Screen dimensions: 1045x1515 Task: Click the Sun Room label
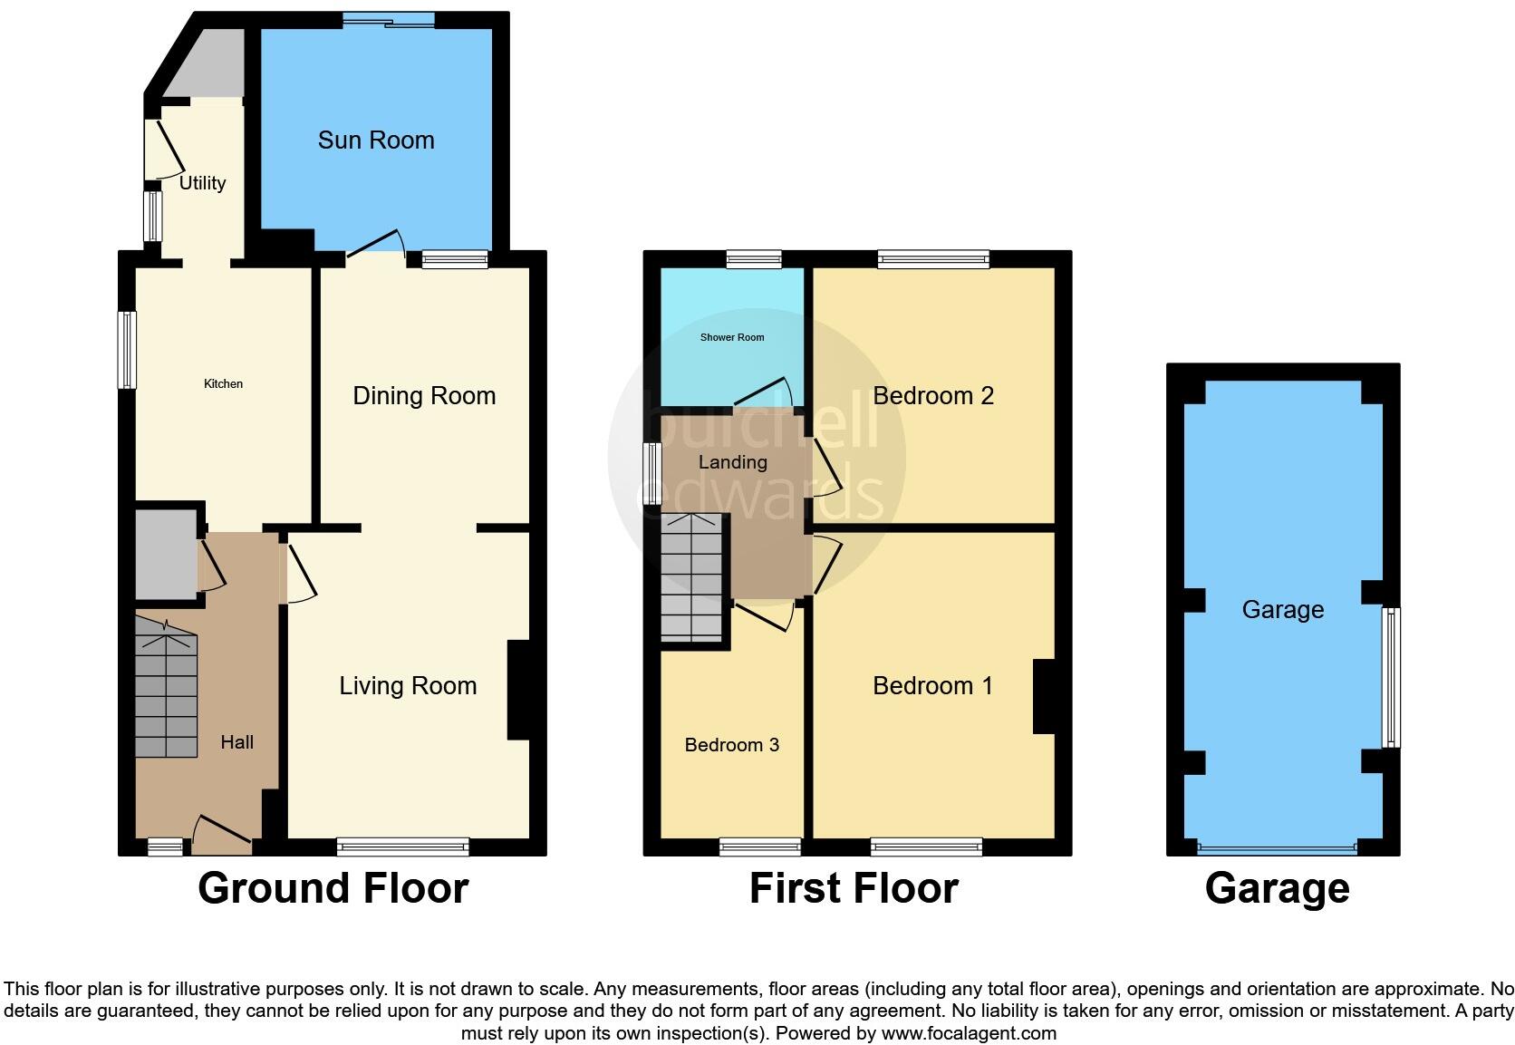point(376,140)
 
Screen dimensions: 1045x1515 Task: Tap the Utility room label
point(202,183)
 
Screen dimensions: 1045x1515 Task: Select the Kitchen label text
point(223,384)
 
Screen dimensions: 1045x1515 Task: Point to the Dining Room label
point(424,396)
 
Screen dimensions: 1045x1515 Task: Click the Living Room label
point(408,686)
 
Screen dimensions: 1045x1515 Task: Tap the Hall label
point(236,742)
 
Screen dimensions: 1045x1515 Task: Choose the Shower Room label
point(732,337)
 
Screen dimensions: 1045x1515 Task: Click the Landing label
point(732,462)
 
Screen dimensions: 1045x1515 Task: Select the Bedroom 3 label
point(731,745)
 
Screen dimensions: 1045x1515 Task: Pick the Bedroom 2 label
point(933,396)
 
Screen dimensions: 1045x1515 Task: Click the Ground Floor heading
point(333,888)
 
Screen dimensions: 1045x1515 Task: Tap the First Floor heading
point(854,888)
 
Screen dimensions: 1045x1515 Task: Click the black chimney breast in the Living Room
point(518,691)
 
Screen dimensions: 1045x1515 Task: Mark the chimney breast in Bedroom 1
point(1045,696)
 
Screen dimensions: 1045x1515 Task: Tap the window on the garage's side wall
point(1391,677)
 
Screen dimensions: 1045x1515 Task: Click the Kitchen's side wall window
point(129,350)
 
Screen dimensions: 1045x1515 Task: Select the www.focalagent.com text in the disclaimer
point(968,1033)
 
